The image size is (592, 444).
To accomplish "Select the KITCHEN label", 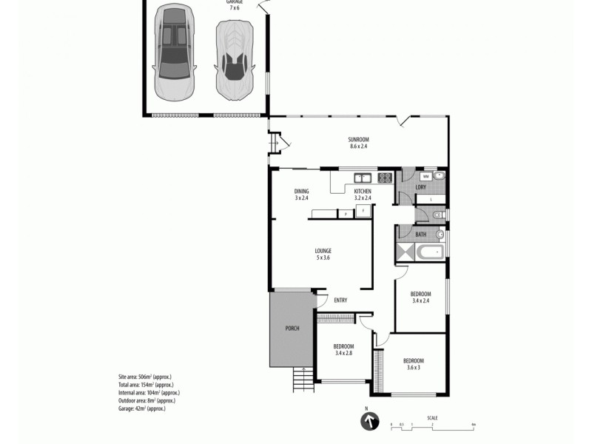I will tap(363, 192).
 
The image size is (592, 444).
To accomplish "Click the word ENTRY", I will tap(340, 300).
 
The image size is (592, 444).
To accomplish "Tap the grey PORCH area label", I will tap(292, 329).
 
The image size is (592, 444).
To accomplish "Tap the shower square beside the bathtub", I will tap(406, 252).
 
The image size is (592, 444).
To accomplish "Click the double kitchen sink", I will tap(363, 177).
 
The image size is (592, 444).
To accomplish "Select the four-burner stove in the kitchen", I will tap(385, 177).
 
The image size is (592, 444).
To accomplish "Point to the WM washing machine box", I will tap(425, 177).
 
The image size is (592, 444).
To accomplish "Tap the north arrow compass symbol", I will tap(368, 422).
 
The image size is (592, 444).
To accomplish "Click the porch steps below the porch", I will tap(302, 379).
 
